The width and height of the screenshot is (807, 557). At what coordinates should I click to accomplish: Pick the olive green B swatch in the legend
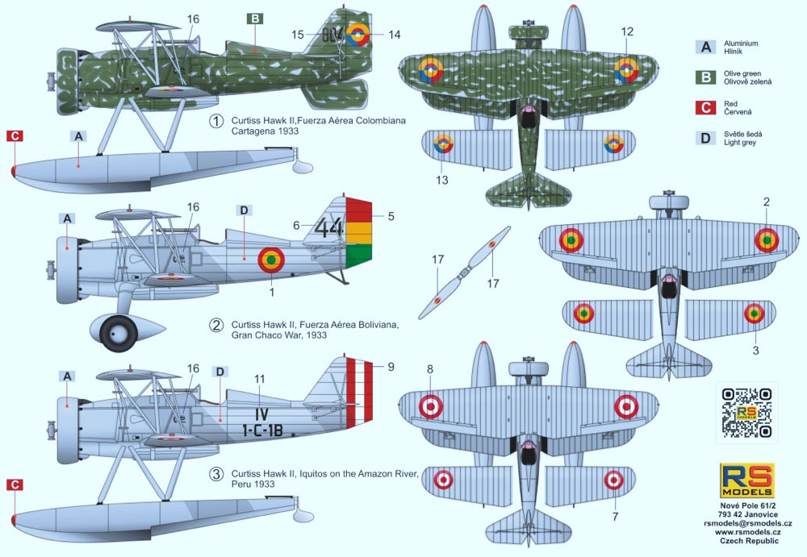706,78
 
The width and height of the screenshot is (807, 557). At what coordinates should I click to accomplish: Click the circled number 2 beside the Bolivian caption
216,326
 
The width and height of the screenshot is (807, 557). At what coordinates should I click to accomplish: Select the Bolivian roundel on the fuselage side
271,259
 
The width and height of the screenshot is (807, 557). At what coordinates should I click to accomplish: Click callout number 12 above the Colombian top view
628,31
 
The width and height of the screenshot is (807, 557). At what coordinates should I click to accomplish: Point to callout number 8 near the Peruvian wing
430,369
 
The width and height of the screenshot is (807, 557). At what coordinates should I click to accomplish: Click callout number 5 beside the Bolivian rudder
391,216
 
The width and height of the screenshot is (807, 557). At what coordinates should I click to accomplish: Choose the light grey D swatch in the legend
706,138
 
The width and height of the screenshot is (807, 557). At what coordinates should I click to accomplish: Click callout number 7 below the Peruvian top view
614,515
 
